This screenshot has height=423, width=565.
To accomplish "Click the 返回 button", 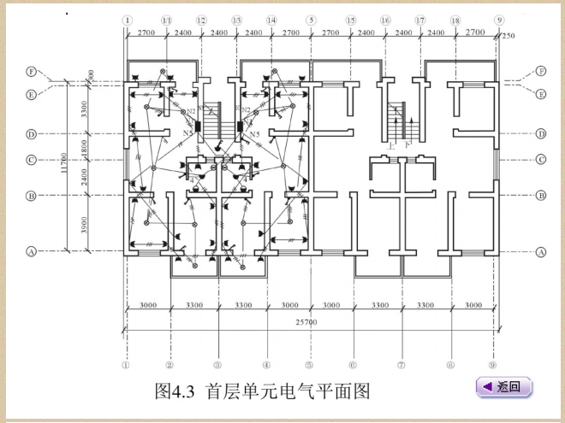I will click(504, 387).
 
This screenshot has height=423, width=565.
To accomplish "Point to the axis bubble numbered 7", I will click(401, 363).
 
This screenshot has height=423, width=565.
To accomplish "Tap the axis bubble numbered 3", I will click(217, 363).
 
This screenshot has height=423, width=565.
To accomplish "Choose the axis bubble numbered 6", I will click(352, 363).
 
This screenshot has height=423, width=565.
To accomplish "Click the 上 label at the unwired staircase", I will click(392, 145).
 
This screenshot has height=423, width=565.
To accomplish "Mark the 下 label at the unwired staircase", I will click(409, 145).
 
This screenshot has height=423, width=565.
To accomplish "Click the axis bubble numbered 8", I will click(449, 363).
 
